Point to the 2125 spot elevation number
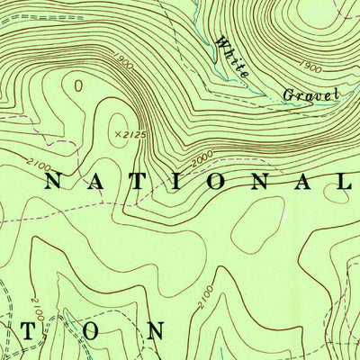pyautogui.click(x=132, y=135)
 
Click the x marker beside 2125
pyautogui.click(x=117, y=134)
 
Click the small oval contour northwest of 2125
pyautogui.click(x=79, y=86)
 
